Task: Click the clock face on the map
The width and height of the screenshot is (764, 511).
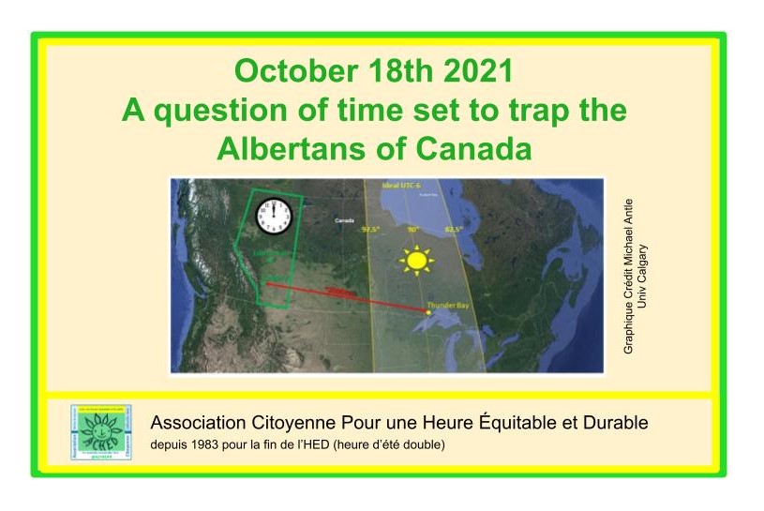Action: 274,218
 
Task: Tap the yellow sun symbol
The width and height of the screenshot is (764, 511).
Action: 415,260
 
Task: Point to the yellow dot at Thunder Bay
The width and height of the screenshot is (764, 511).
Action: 428,313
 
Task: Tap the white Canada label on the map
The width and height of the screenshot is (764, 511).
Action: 344,221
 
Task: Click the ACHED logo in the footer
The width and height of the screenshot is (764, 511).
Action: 100,432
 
